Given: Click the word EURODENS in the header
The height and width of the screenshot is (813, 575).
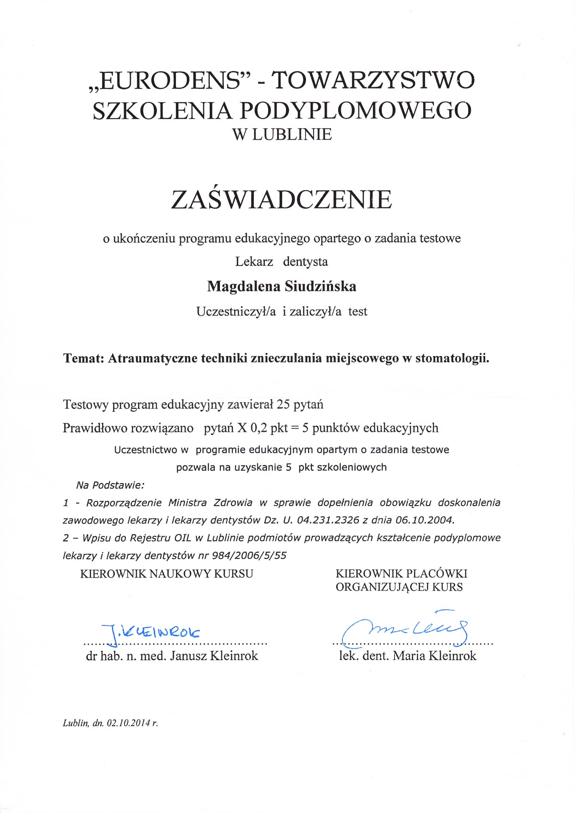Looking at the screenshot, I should (169, 80).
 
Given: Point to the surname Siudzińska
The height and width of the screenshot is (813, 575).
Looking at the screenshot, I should (320, 287).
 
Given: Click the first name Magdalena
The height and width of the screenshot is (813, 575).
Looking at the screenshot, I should (244, 287).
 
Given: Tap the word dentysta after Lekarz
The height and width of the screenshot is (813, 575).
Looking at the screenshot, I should (305, 262).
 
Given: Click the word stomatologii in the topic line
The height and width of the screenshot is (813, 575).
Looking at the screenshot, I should (452, 358).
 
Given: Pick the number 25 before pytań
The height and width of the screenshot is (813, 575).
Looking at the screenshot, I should (283, 405).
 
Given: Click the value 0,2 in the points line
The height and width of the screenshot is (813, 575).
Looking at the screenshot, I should (258, 428).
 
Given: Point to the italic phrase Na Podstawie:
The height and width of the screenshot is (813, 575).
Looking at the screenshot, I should (110, 485).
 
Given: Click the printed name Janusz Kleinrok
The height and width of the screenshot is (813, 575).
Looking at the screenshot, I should (214, 656).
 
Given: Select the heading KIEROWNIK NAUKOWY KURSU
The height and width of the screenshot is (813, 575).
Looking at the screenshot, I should (167, 574).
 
